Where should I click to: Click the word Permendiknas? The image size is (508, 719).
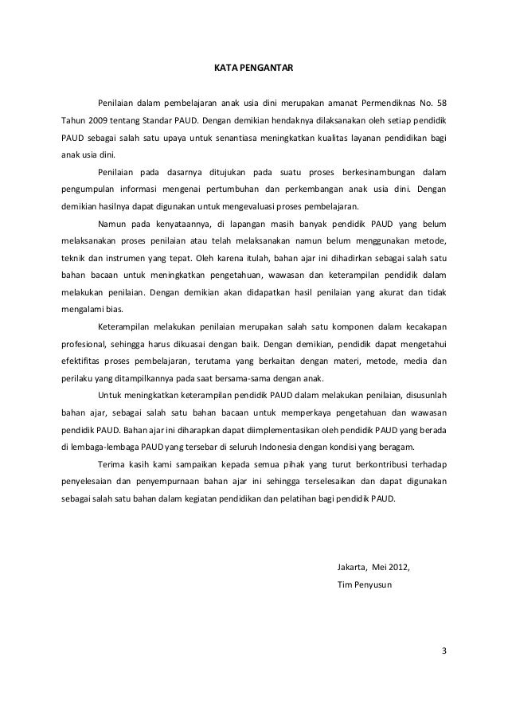[x=388, y=104]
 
